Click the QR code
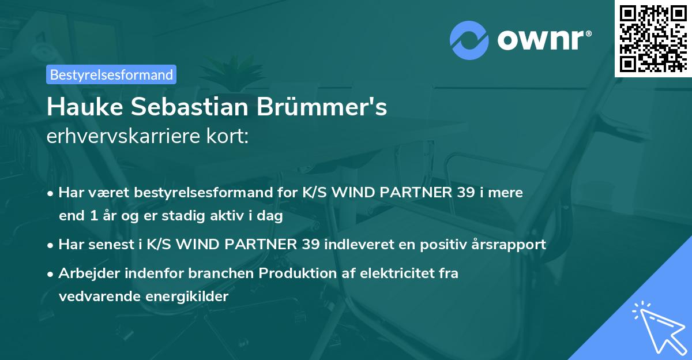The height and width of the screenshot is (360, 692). pyautogui.click(x=653, y=38)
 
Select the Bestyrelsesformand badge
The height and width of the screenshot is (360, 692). pyautogui.click(x=111, y=74)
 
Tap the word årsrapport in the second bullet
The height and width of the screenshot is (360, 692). pyautogui.click(x=512, y=245)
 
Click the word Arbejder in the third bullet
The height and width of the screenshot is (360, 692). pyautogui.click(x=84, y=273)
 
